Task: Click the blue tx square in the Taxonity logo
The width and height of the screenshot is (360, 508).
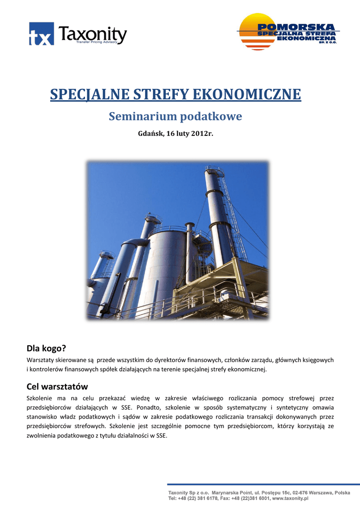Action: (x=41, y=34)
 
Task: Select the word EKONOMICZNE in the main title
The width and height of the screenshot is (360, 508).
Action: (x=246, y=94)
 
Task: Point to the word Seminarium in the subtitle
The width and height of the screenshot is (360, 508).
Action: (x=142, y=117)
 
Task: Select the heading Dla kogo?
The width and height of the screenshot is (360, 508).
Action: (x=46, y=348)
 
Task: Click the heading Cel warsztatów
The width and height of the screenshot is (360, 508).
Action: (x=57, y=386)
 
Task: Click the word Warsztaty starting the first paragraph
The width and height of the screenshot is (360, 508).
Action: (x=40, y=360)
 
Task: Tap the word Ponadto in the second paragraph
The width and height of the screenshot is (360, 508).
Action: (x=146, y=408)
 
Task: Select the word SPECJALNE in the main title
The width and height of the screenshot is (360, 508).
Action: (x=83, y=94)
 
